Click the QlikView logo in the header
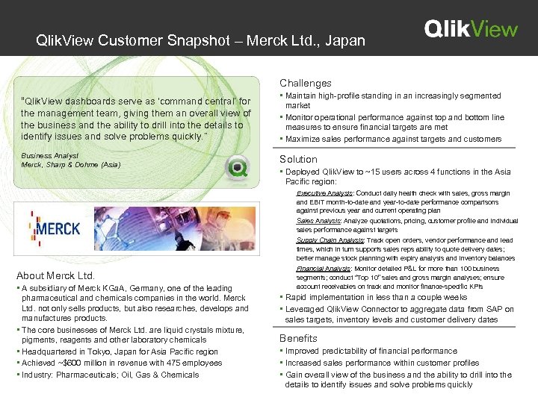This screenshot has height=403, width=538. [470, 29]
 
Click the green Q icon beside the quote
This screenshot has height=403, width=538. [238, 167]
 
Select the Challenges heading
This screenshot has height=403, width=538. [306, 83]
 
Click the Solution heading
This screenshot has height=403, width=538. [298, 159]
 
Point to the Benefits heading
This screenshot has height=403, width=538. [298, 338]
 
